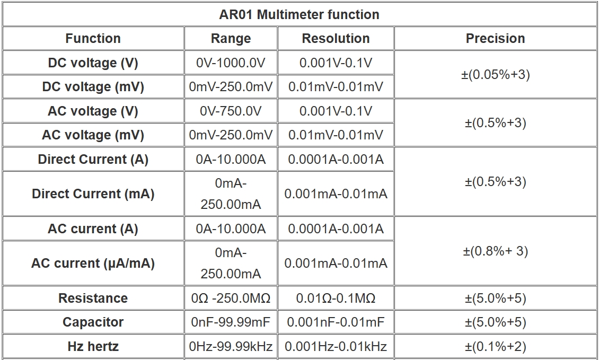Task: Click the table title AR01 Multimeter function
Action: pyautogui.click(x=299, y=14)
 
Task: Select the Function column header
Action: pyautogui.click(x=93, y=38)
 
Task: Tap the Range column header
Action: pyautogui.click(x=231, y=39)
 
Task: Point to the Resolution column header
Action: pyautogui.click(x=336, y=38)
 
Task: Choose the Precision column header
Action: pyautogui.click(x=495, y=38)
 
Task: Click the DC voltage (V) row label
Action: pyautogui.click(x=93, y=63)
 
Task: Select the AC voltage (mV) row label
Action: pyautogui.click(x=93, y=135)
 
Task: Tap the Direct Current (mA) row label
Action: pyautogui.click(x=93, y=194)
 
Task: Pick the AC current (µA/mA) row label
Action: pyautogui.click(x=93, y=264)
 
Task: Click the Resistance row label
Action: pyautogui.click(x=93, y=298)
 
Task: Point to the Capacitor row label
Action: pyautogui.click(x=93, y=322)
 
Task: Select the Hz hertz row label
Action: pyautogui.click(x=93, y=346)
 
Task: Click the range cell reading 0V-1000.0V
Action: pyautogui.click(x=231, y=63)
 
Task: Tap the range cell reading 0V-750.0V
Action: pyautogui.click(x=231, y=111)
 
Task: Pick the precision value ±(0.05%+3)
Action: pyautogui.click(x=496, y=75)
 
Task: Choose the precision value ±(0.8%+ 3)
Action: pyautogui.click(x=496, y=251)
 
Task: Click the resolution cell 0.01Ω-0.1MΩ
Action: pyautogui.click(x=336, y=298)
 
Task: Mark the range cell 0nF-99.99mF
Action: pyautogui.click(x=231, y=322)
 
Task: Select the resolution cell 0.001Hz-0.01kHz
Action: pyautogui.click(x=336, y=346)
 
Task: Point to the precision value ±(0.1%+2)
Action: pyautogui.click(x=496, y=346)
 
